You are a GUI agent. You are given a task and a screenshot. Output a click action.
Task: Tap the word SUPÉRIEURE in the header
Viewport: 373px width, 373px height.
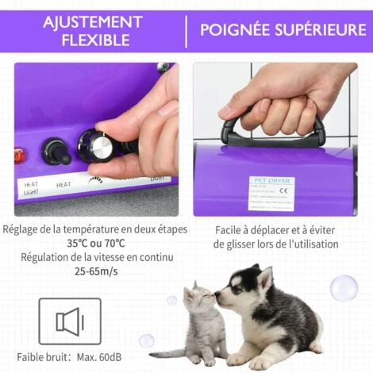tap(322, 30)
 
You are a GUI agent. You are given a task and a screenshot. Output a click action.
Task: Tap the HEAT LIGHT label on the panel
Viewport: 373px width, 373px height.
tap(30, 189)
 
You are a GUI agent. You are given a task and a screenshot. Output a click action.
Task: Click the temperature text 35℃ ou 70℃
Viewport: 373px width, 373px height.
tap(94, 244)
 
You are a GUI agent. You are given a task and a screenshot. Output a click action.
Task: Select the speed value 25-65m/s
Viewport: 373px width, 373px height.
tap(94, 272)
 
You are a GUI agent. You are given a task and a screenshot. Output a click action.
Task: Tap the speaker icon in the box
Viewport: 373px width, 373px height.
tap(70, 321)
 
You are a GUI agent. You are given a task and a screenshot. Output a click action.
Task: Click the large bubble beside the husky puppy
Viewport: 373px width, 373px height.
tap(344, 287)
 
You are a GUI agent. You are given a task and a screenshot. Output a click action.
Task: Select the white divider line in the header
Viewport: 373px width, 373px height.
tap(186, 30)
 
